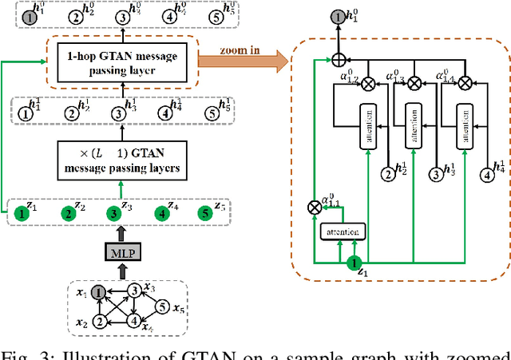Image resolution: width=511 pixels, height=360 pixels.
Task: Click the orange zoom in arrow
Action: click(248, 57)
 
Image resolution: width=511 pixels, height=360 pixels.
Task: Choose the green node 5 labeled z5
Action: click(207, 213)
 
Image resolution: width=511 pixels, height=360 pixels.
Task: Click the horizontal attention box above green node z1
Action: click(343, 231)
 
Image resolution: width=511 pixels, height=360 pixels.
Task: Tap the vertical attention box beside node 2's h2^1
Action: click(370, 125)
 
